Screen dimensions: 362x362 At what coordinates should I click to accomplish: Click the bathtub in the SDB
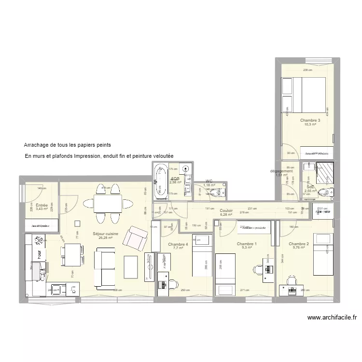160,181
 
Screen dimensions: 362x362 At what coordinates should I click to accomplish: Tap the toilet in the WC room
220,192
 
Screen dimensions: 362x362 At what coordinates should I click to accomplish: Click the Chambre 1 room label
247,244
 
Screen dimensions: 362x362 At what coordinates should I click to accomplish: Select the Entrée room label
35,206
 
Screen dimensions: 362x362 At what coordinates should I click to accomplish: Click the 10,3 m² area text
310,125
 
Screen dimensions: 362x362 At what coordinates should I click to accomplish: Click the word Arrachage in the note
38,145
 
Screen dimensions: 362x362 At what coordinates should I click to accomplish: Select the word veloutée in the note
161,156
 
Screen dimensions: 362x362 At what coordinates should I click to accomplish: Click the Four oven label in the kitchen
73,289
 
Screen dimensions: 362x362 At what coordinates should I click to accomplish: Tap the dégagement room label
281,171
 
